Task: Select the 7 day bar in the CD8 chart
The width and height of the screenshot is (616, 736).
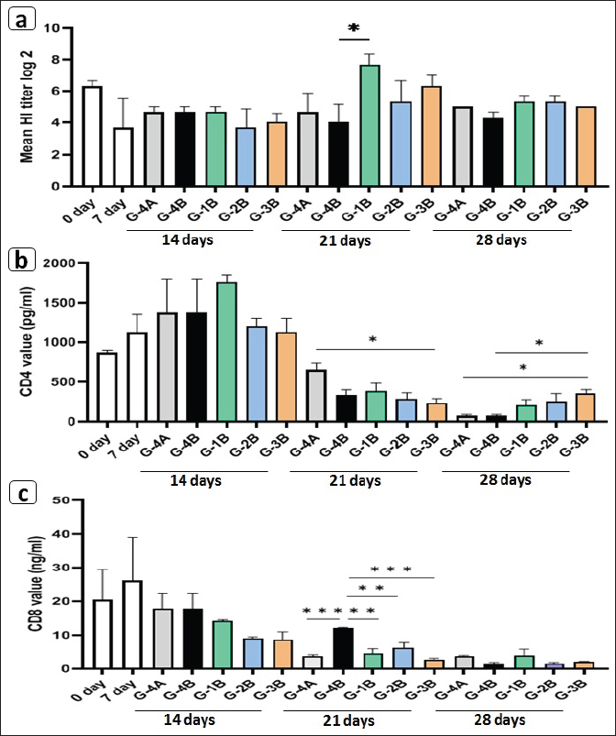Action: [130, 624]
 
